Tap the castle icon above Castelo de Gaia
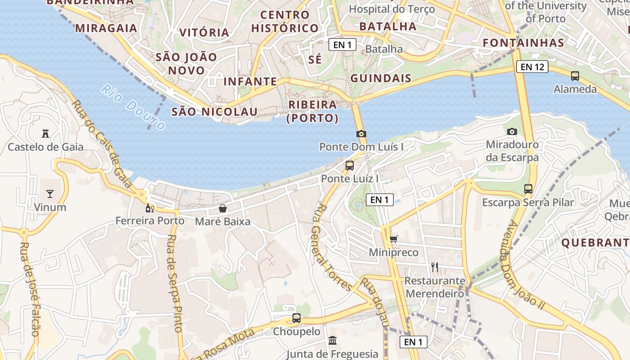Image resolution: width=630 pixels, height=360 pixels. (x=45, y=133)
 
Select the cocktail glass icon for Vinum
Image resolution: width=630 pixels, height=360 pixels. (x=49, y=194)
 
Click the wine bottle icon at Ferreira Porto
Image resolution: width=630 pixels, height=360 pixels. (x=150, y=208)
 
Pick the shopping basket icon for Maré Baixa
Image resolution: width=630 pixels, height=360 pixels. (x=223, y=208)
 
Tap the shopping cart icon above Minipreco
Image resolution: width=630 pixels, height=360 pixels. (x=394, y=239)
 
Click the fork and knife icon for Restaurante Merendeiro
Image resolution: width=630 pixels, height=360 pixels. (x=435, y=267)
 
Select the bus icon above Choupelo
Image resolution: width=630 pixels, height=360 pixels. (x=297, y=318)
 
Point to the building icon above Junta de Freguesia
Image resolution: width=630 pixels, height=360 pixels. (x=333, y=341)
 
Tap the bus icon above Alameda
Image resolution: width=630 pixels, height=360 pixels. (x=575, y=76)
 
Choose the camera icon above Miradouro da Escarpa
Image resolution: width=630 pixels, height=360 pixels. (x=512, y=132)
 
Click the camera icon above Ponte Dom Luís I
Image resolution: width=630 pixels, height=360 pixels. (x=361, y=134)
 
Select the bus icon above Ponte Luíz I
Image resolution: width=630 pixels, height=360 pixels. (x=350, y=166)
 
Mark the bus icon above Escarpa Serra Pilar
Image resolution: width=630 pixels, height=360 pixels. (x=528, y=189)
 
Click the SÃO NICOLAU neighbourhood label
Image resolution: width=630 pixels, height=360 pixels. (x=215, y=112)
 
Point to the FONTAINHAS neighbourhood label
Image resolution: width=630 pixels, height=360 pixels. (x=523, y=43)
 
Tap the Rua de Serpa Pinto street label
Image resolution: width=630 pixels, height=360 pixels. (x=175, y=283)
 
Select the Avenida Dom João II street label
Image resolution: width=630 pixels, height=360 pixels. (x=525, y=265)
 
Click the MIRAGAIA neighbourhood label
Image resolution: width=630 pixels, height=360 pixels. (x=106, y=28)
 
